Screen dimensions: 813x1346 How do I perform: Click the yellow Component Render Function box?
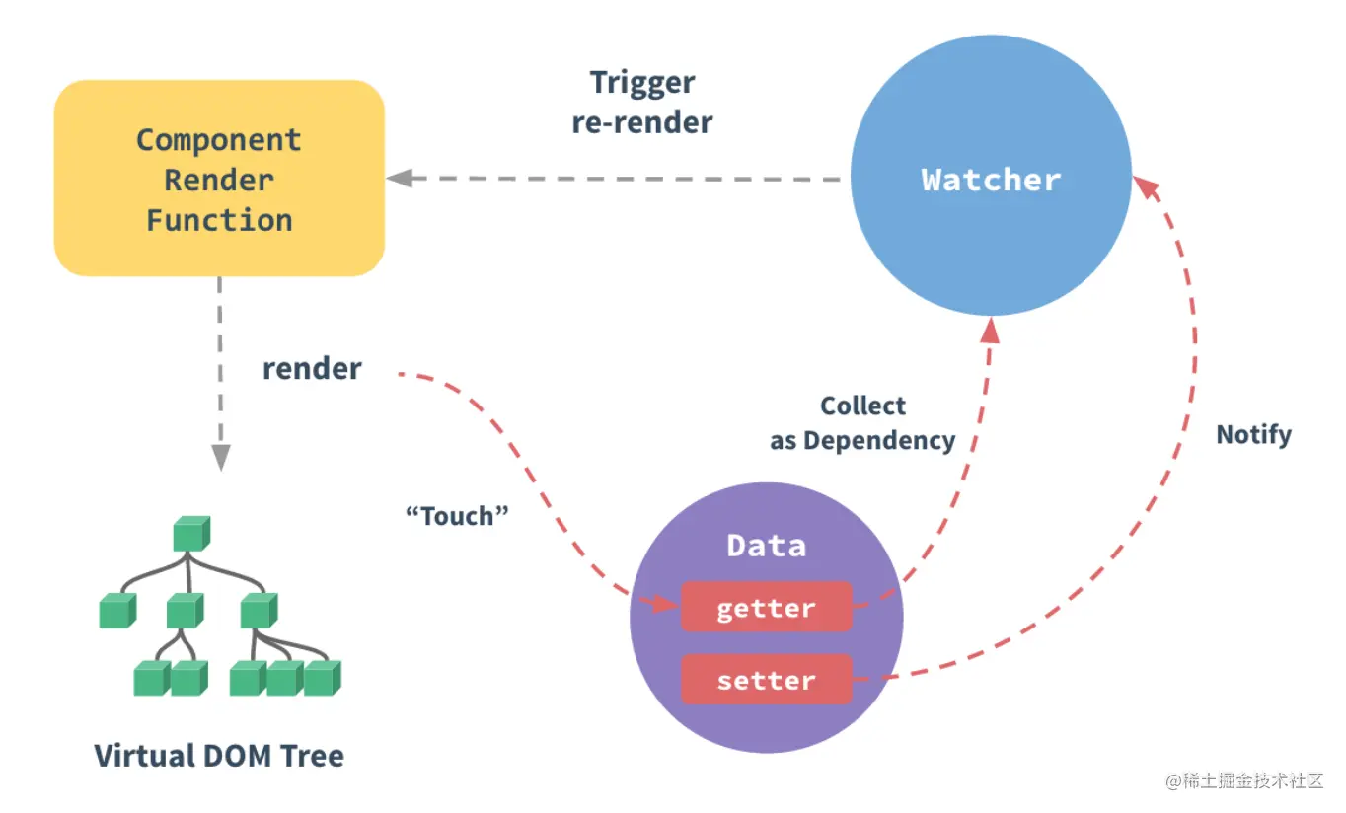coord(218,178)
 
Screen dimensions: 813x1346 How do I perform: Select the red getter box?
coord(766,607)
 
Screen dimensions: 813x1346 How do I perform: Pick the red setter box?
coord(766,680)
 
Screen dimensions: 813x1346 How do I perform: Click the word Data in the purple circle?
coord(766,546)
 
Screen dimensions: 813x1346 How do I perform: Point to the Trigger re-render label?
coord(642,103)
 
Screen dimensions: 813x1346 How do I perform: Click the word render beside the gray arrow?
coord(312,369)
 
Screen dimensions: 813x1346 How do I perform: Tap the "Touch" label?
coord(457,515)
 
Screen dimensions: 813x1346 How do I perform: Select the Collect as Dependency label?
coord(862,423)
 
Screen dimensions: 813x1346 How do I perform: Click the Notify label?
coord(1253,434)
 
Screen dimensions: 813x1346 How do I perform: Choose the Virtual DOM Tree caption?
coord(219,756)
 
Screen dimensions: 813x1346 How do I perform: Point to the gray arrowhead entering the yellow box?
coord(399,179)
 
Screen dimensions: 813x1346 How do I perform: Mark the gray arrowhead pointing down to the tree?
coord(220,456)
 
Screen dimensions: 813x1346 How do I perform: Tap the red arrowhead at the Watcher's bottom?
coord(991,332)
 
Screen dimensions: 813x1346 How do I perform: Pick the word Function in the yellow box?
coord(219,220)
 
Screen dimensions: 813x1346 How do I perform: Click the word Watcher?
coord(991,180)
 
